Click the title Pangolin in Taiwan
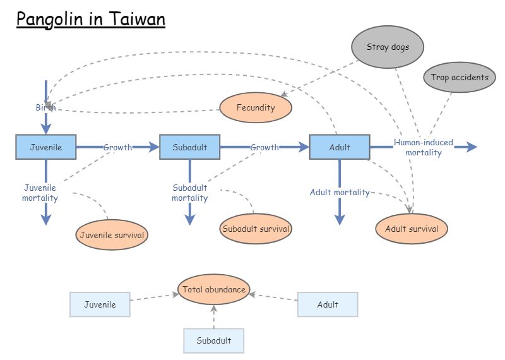point(91,20)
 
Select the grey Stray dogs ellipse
point(388,47)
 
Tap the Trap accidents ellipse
point(459,78)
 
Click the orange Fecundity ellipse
point(256,108)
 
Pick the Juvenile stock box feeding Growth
point(46,147)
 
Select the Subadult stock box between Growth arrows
point(189,147)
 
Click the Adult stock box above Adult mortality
point(340,147)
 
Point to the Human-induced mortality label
point(424,147)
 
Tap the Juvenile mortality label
point(40,193)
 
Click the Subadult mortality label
point(190,193)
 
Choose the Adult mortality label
point(340,192)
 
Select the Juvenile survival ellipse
point(112,236)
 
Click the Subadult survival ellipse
point(256,229)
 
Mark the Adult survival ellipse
point(412,229)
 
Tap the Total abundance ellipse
point(214,290)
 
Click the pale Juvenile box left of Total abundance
point(100,304)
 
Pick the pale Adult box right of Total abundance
point(328,304)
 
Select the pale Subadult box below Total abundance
point(214,341)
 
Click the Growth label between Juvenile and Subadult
point(118,147)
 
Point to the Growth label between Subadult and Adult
point(264,147)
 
